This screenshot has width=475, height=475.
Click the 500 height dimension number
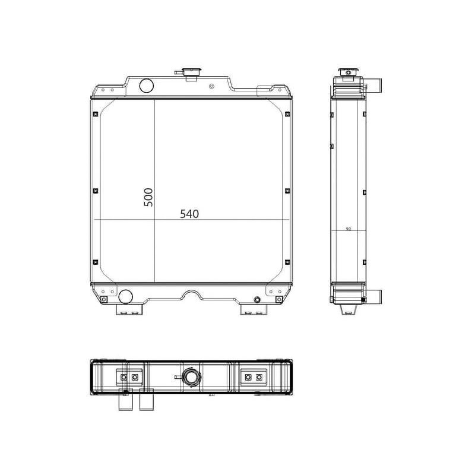tap(148, 197)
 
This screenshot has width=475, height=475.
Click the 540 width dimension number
tap(189, 214)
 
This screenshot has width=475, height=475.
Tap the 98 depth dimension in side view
tap(349, 229)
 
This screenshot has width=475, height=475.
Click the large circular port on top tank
tap(146, 85)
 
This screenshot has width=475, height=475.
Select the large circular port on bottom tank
tap(125, 296)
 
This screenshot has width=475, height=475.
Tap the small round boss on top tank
tap(212, 87)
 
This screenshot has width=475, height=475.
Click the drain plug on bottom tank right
tap(257, 300)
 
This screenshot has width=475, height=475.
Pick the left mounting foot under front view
tap(129, 309)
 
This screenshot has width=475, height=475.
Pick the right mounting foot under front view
tap(254, 309)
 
